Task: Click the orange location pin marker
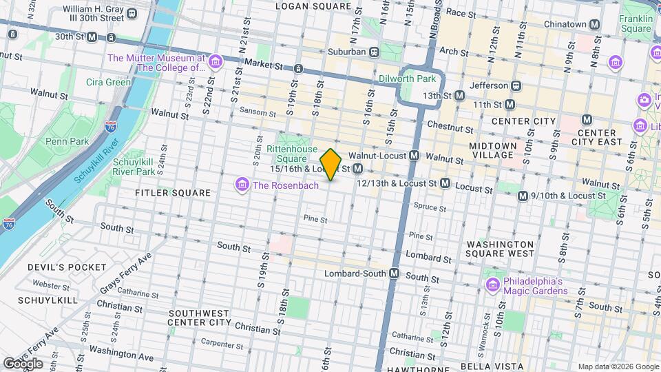(x=331, y=165)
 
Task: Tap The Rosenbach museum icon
(x=242, y=185)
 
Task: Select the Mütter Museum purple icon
(x=216, y=63)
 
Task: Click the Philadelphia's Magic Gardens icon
(x=492, y=285)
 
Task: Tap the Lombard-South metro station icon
(x=395, y=273)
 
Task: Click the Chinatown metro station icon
(x=596, y=24)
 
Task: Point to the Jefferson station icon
(x=514, y=86)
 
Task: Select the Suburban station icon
(x=374, y=52)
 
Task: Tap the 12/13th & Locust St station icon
(x=445, y=183)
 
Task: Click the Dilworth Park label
(x=404, y=79)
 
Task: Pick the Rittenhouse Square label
(x=293, y=154)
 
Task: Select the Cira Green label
(x=108, y=82)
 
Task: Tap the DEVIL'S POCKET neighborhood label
(x=67, y=267)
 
